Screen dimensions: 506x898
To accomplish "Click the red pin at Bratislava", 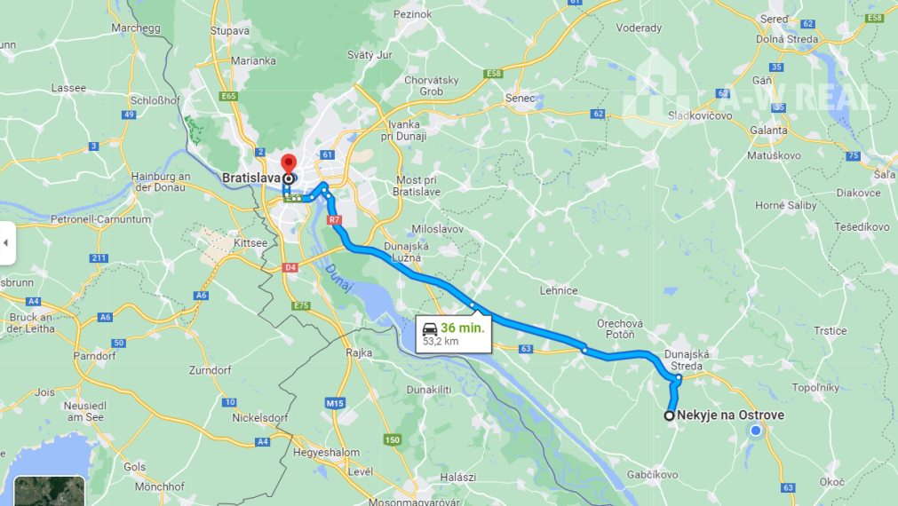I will click(288, 164).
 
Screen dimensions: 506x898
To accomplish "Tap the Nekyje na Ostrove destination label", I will click(730, 415).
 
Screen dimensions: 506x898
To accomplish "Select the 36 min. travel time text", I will click(462, 328).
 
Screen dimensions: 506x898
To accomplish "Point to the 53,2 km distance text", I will click(441, 341).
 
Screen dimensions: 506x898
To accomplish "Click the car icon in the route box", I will click(430, 328).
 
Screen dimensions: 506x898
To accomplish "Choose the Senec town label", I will click(521, 99).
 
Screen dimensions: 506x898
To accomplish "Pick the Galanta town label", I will click(768, 130).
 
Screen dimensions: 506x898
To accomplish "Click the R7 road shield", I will click(334, 219).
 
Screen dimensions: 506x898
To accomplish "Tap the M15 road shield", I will click(334, 404).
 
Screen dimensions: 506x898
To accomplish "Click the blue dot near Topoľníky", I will click(756, 431).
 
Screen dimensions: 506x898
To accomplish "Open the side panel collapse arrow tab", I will click(6, 242).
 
